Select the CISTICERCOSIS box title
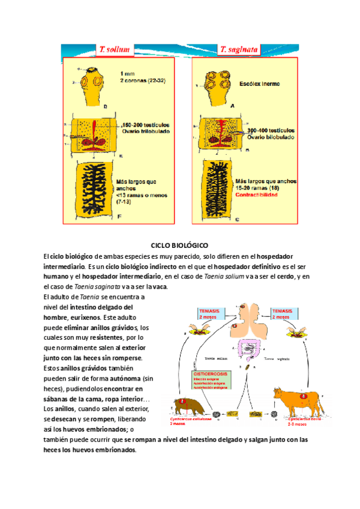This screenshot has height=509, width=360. (208, 373)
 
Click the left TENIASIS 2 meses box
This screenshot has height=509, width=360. (211, 314)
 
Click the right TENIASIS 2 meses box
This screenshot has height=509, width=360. (285, 314)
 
